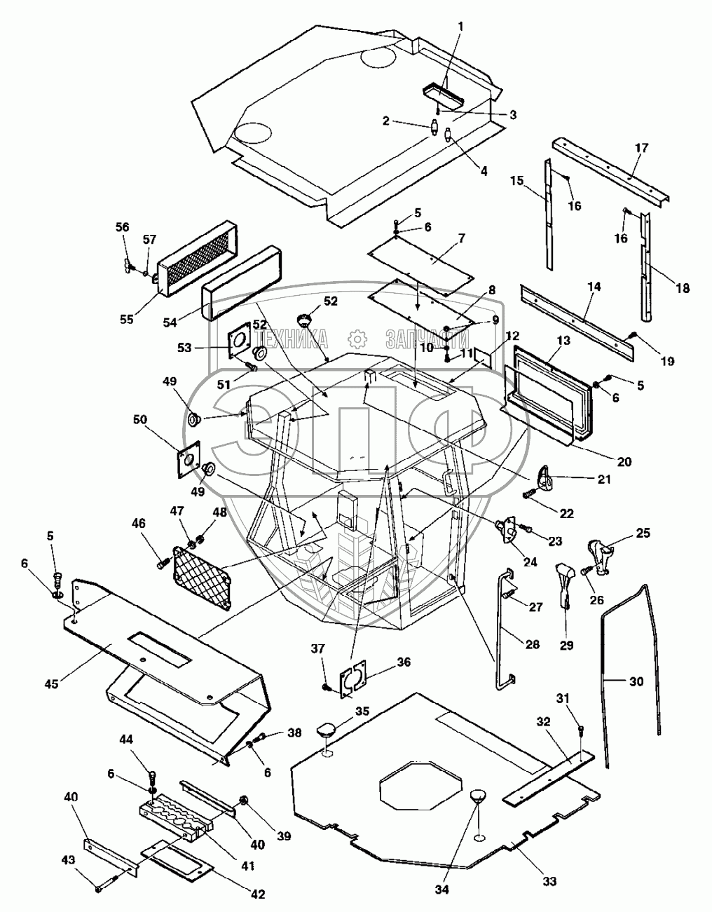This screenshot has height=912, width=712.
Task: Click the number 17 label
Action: coord(642,147)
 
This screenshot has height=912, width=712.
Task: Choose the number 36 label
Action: coord(403,662)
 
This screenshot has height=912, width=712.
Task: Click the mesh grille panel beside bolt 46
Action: coord(203,577)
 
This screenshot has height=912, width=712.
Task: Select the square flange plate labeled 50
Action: coord(189,459)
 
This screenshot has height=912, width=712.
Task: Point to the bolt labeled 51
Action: coord(250,367)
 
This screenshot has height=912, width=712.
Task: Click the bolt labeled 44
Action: coord(153,776)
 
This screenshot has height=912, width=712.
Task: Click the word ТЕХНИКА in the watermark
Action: coord(293,339)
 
